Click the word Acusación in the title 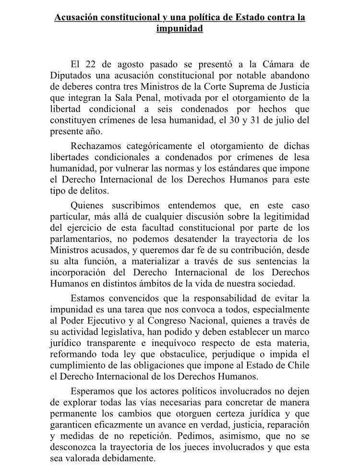point(78,18)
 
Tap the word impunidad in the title point(180,28)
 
